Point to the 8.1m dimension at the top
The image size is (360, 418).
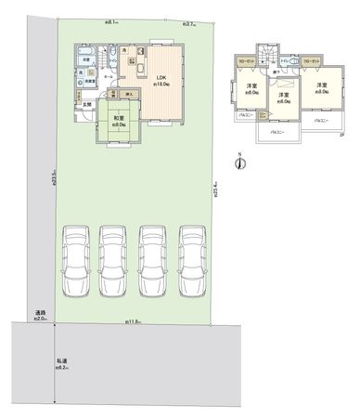coord(112,20)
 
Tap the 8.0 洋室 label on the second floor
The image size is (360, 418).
coord(321,90)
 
